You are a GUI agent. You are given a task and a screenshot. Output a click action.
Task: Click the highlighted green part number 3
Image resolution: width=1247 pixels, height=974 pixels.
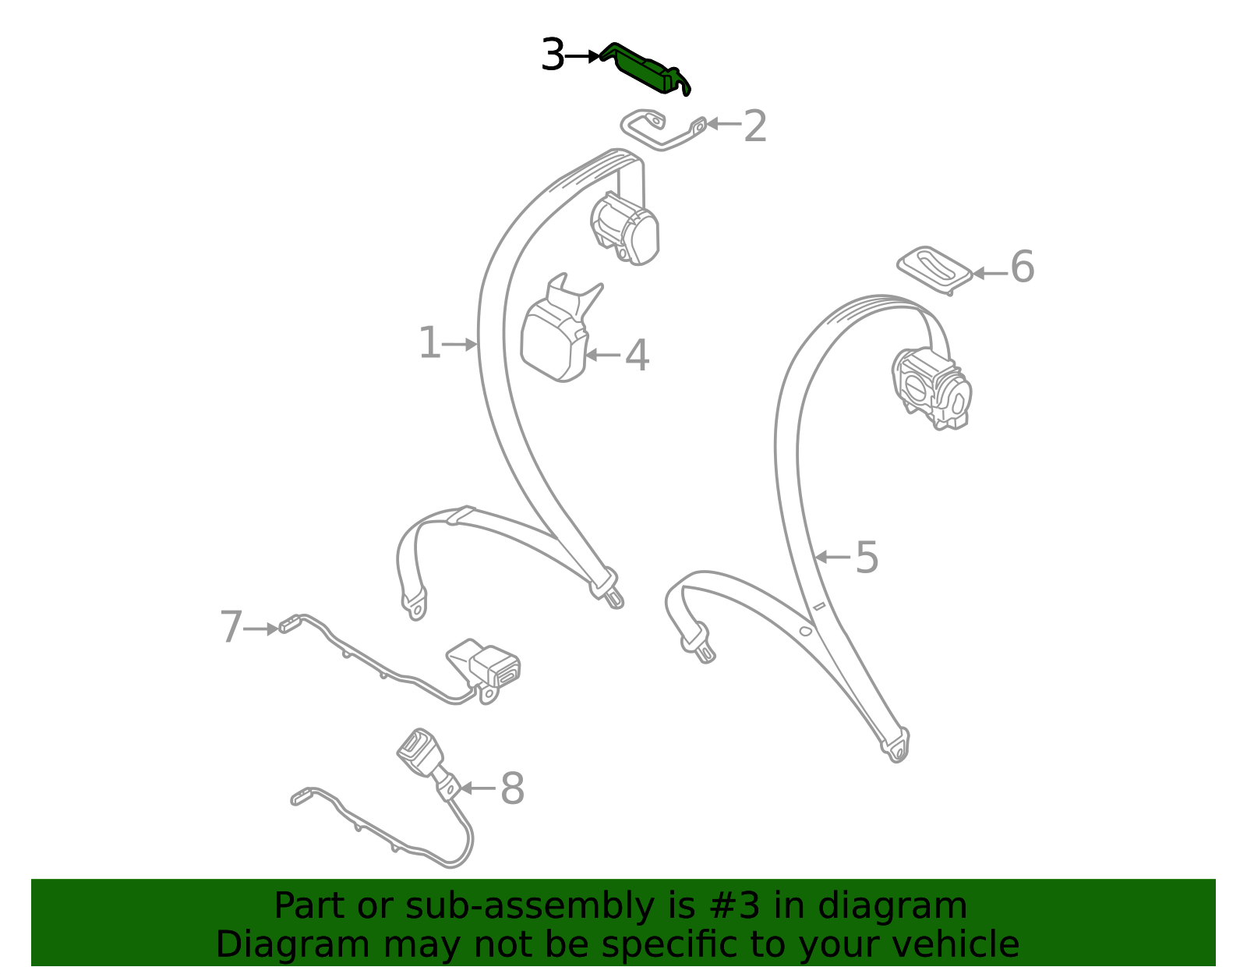[644, 69]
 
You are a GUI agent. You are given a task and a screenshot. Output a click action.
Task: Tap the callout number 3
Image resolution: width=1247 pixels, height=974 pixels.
[552, 56]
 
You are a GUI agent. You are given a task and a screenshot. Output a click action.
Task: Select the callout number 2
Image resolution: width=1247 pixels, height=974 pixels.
[754, 126]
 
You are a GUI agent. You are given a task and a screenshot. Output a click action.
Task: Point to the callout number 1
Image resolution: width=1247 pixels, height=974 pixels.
[429, 344]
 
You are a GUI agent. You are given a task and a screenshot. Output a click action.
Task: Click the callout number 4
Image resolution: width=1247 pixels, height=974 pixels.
[637, 356]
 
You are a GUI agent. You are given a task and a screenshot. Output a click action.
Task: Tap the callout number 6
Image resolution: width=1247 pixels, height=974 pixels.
[1022, 267]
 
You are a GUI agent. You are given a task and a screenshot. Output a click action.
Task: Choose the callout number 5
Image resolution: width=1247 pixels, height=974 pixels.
[867, 558]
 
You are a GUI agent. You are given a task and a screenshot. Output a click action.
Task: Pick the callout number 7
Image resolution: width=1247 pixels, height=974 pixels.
[231, 628]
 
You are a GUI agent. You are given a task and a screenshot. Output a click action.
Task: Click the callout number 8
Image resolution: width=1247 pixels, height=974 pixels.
[512, 789]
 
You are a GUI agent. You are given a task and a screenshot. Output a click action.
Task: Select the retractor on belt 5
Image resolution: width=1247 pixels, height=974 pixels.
[931, 388]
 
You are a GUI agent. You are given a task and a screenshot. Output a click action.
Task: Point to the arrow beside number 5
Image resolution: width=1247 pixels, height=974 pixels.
[832, 558]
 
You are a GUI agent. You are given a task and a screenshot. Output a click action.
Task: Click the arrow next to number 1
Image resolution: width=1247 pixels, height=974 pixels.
[460, 344]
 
